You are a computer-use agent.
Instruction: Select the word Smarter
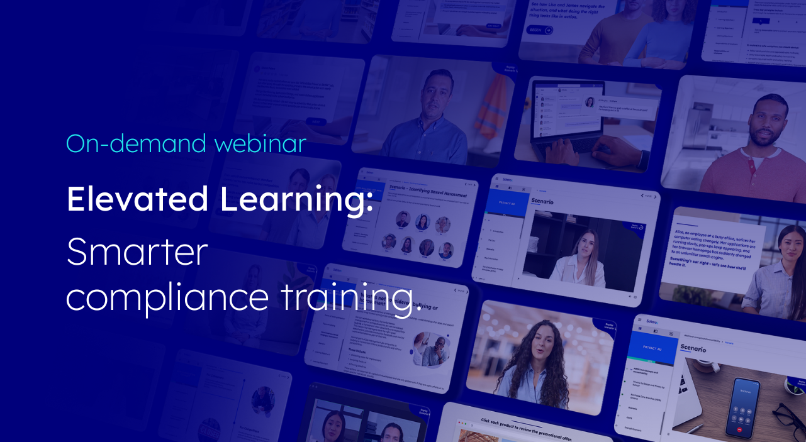pos(137,251)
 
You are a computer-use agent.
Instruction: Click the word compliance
pos(167,297)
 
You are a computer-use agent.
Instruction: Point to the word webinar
pos(260,143)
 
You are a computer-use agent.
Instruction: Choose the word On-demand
pos(136,143)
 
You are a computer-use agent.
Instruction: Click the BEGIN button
pos(539,30)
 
